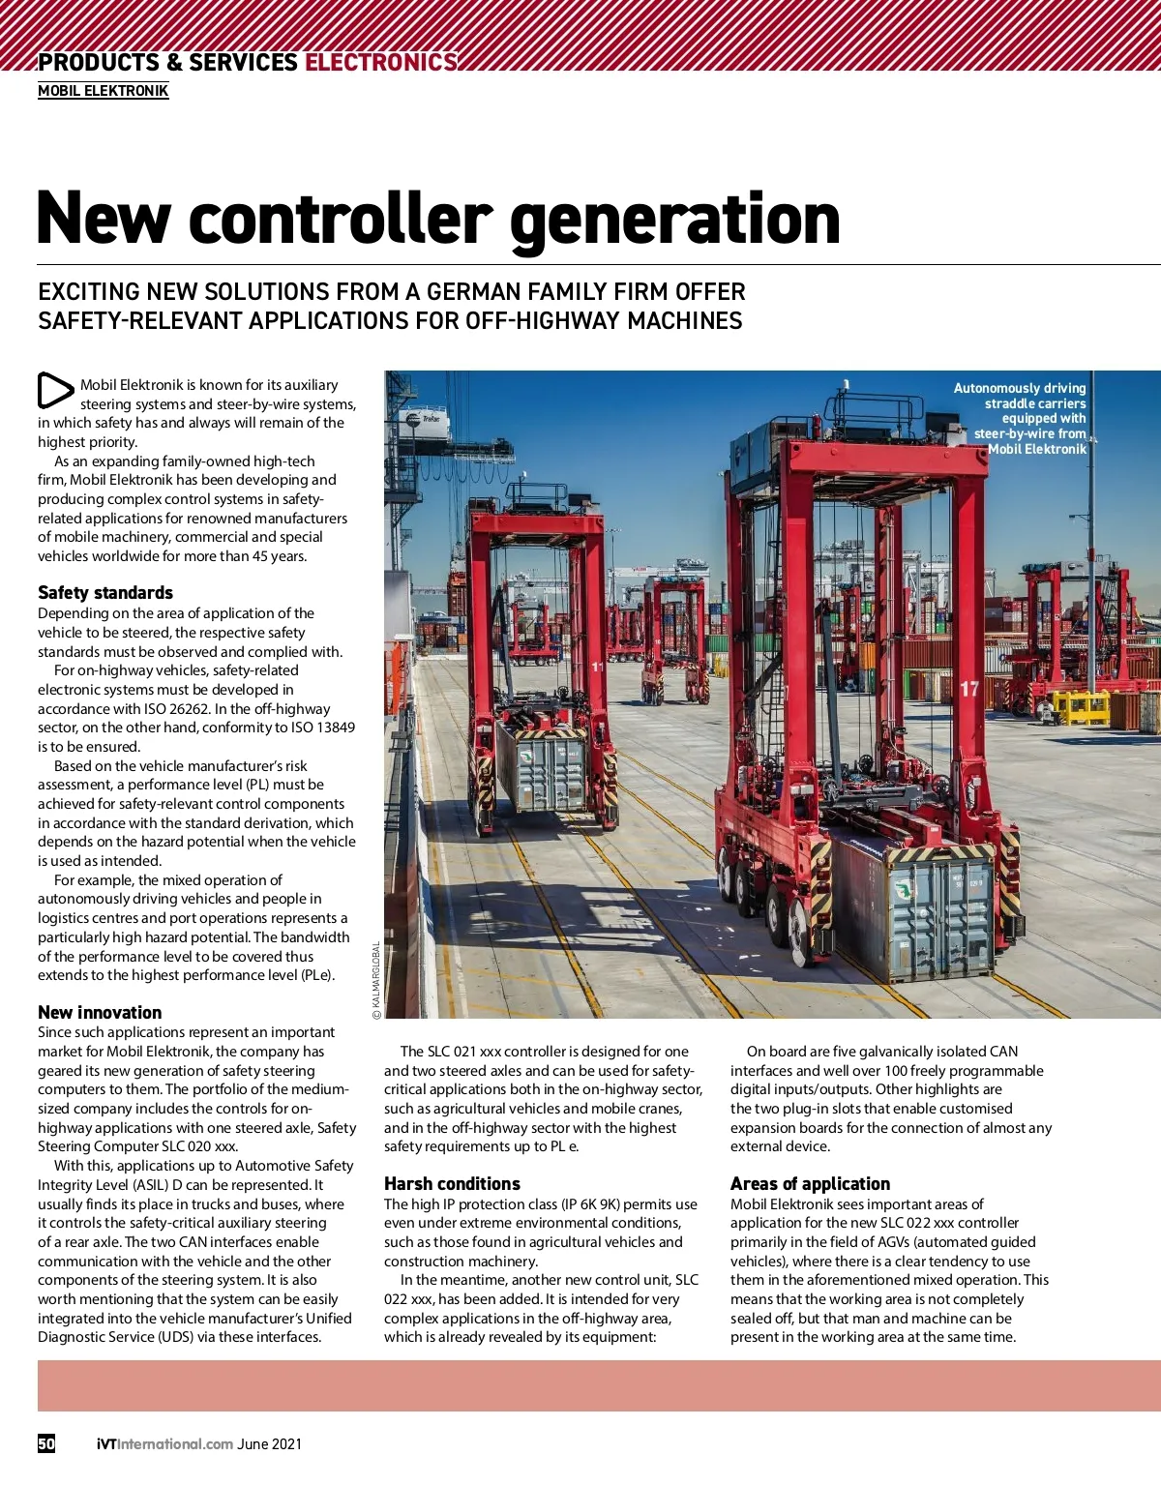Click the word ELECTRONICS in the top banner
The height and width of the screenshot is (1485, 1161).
[x=380, y=63]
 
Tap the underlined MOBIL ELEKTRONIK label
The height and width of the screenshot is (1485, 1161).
[x=104, y=91]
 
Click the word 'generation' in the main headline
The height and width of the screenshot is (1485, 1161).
[x=674, y=219]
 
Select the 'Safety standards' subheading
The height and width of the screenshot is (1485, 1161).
[x=105, y=593]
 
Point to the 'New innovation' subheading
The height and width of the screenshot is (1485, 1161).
[x=100, y=1013]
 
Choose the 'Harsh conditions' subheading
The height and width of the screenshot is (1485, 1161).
[x=452, y=1184]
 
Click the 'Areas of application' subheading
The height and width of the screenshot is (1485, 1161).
[x=810, y=1184]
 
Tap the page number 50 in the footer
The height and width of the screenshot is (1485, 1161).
[x=46, y=1443]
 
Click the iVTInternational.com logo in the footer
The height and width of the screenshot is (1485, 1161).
[x=164, y=1444]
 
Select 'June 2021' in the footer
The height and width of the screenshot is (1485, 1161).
[x=270, y=1444]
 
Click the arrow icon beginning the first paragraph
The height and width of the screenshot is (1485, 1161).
[x=55, y=391]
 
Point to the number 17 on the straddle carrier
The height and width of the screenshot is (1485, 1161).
[x=969, y=689]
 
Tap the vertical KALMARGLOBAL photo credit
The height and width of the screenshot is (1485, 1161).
[x=376, y=980]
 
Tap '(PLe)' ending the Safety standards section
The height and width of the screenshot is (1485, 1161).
[x=317, y=975]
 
